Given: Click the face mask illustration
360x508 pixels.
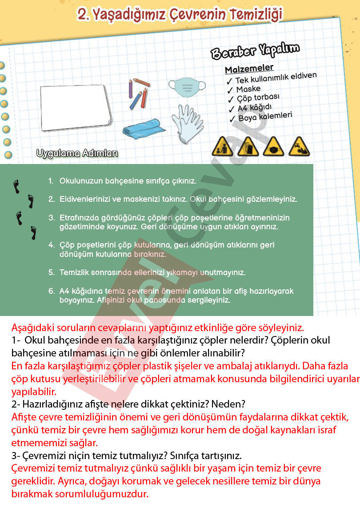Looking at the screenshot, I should pos(187,86).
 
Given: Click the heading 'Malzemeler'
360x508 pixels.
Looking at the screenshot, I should pos(249,69).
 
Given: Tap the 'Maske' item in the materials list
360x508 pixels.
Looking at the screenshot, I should pos(248,89).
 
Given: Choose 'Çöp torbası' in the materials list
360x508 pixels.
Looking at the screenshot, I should pos(258,98).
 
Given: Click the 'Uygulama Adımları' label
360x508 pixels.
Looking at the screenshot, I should pos(77,154).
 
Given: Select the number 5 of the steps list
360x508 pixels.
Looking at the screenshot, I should pos(51,272).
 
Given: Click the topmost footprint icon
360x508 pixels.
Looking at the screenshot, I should pos(17,186).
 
